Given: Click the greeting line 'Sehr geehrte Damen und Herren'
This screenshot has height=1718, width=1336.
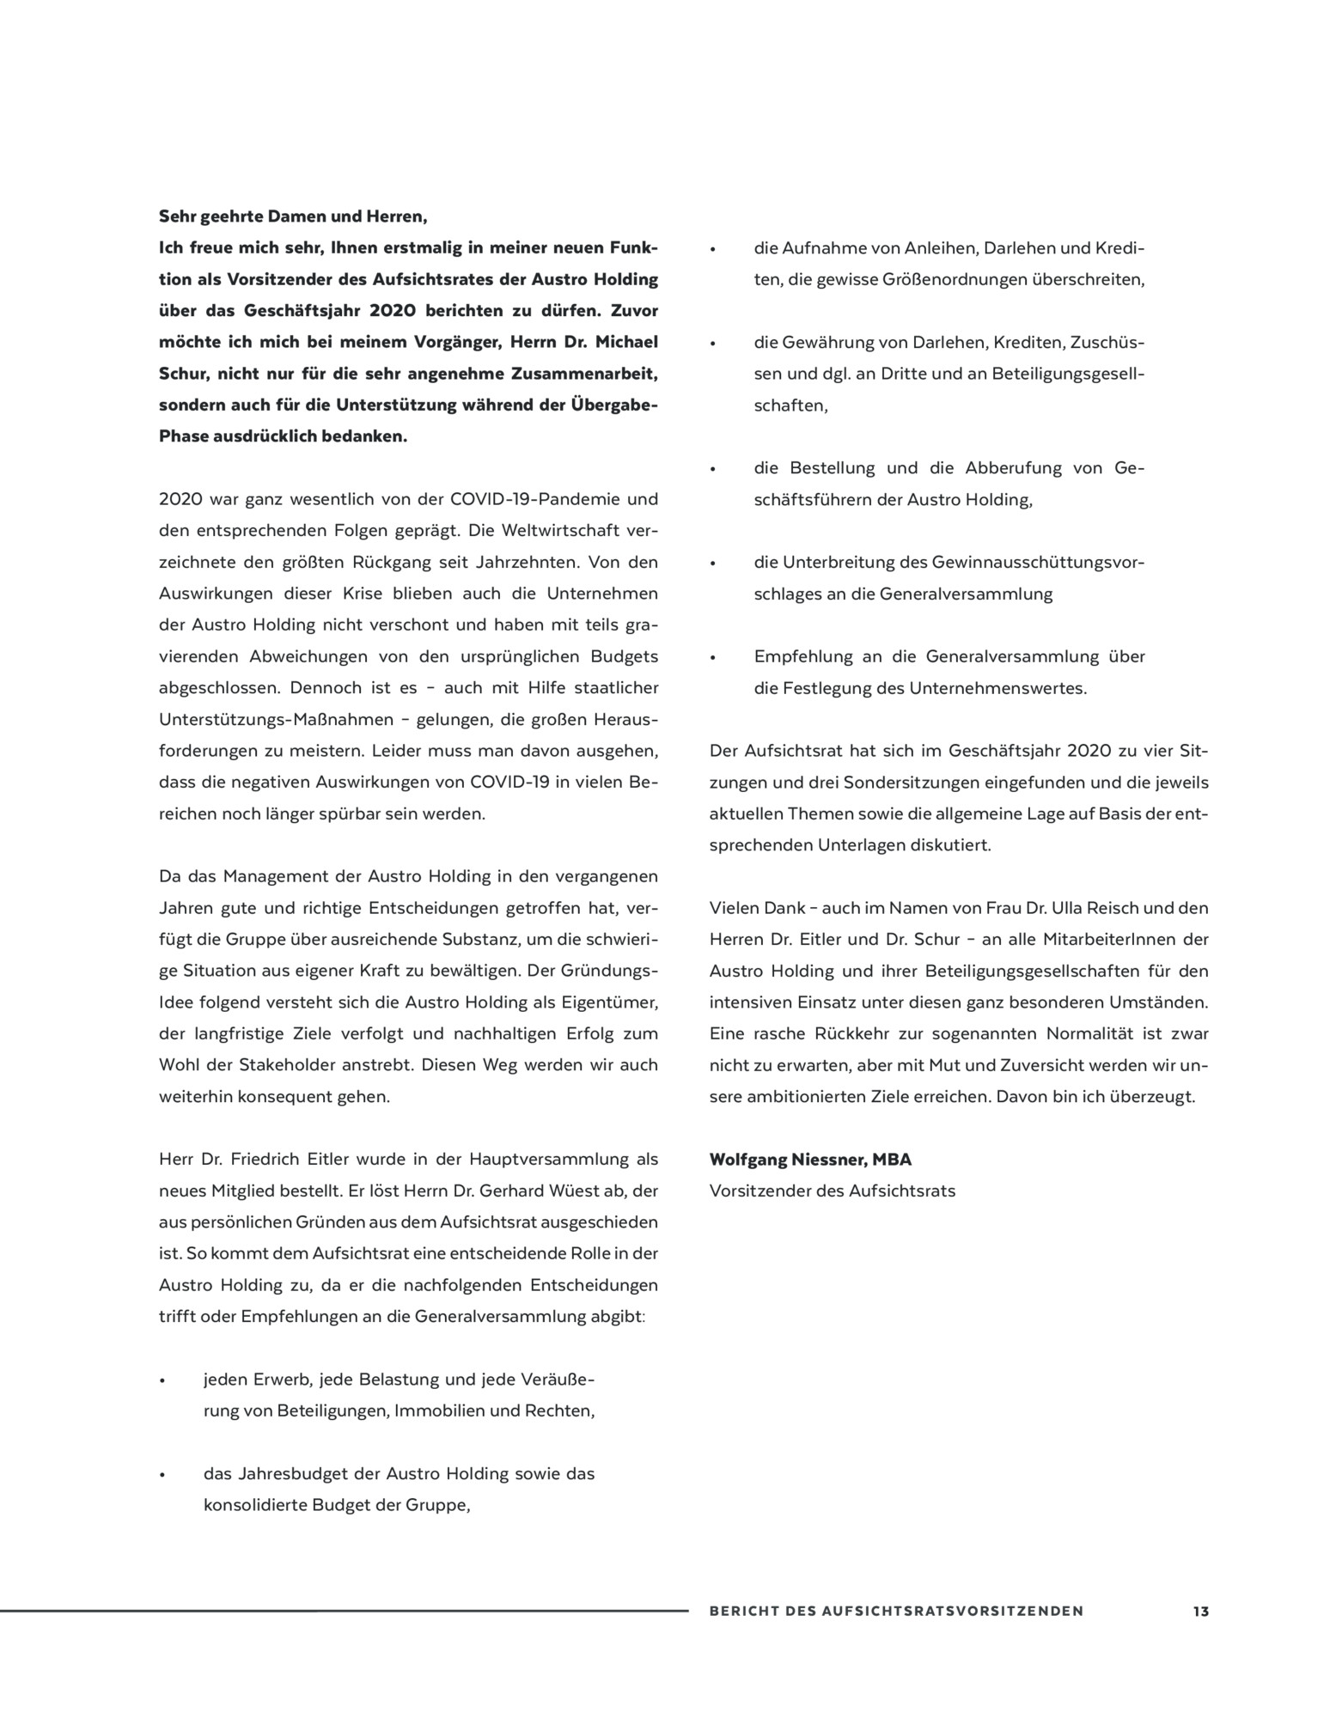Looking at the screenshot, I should (x=293, y=216).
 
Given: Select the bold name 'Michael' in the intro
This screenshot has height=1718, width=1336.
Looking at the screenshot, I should (x=625, y=342).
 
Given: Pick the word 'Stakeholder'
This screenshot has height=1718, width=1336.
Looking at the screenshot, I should (x=287, y=1065).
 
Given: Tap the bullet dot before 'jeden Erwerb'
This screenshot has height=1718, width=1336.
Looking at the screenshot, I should (x=162, y=1381).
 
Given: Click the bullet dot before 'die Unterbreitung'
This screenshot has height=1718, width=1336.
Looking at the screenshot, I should (x=712, y=564).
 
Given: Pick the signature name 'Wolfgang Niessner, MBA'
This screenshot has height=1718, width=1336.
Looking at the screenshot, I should (x=810, y=1160).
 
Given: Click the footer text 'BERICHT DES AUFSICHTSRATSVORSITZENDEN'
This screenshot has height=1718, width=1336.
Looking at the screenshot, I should (x=896, y=1611).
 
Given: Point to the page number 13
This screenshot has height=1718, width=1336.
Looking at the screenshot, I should (x=1200, y=1611).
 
